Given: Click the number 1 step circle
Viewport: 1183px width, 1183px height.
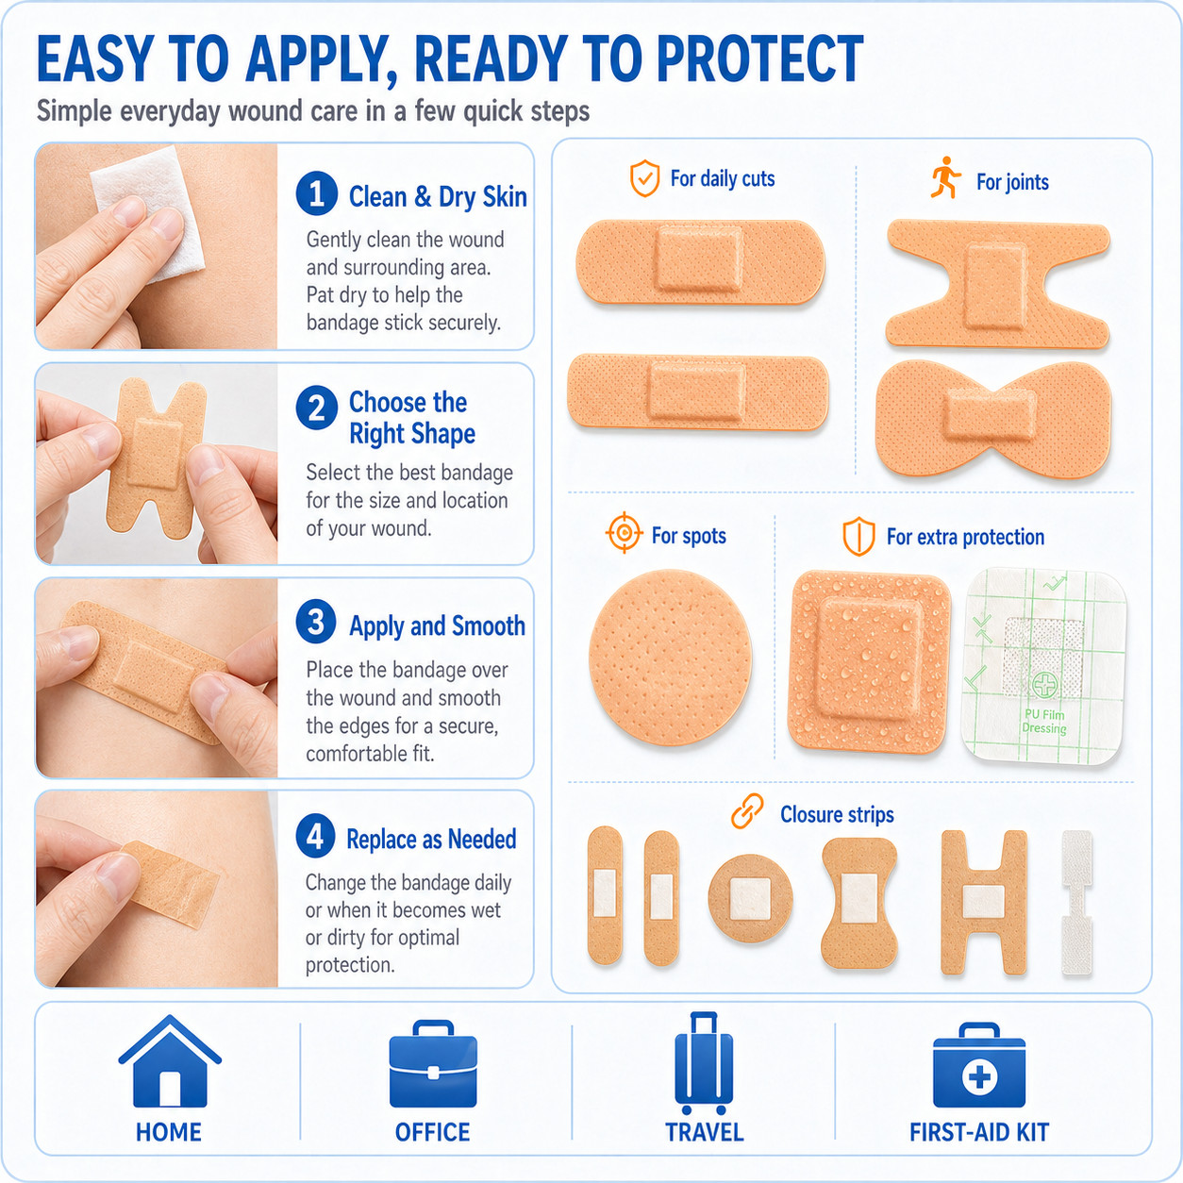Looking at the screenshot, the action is point(317,193).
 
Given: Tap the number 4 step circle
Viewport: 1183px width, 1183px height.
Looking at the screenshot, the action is point(315,836).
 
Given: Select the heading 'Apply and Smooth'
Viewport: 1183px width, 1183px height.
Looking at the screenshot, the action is point(437,626).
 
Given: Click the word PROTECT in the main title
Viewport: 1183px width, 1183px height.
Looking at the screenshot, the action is point(760,58).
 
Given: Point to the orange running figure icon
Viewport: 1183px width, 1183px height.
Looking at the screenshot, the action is point(945,178).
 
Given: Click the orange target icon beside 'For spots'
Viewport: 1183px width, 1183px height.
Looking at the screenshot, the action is point(625,532).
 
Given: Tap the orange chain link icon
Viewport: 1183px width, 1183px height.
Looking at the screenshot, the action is point(747,811).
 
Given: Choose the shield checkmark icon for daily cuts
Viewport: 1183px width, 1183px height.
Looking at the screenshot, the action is point(645,178).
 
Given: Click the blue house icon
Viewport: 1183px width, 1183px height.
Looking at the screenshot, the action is point(170,1061).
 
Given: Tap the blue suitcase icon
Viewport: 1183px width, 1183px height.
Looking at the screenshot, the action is point(704,1062).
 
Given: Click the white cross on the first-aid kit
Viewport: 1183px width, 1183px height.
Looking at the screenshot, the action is point(979,1076).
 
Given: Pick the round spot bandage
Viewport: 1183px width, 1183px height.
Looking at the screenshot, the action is point(671,658).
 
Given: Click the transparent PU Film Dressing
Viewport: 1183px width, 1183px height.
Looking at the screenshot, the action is point(1044,667).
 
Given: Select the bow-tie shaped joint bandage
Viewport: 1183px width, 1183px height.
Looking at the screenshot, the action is point(993,419).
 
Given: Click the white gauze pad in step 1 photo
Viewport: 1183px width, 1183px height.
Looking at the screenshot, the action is point(148,213).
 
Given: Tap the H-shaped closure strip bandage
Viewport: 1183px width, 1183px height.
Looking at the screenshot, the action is point(984,903).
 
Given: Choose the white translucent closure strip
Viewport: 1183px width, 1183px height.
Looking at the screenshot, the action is point(1076,903).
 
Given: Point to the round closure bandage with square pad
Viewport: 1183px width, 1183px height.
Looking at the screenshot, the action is point(750,899).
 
